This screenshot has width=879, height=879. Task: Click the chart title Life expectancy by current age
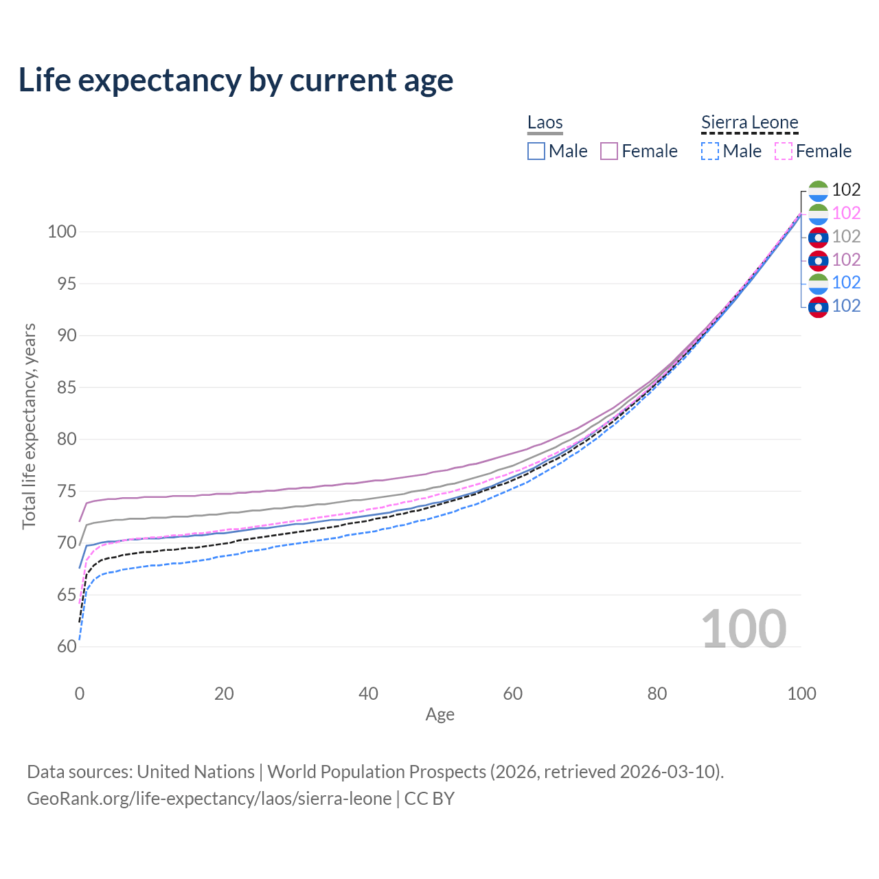click(x=236, y=80)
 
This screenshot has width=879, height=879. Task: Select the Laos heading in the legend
click(x=545, y=123)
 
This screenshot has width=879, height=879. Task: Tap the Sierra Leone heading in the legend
click(x=749, y=123)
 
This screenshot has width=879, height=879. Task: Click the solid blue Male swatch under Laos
click(x=536, y=151)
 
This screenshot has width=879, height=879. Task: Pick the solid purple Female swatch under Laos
click(x=609, y=151)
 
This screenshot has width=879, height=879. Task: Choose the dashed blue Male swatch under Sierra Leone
click(x=710, y=151)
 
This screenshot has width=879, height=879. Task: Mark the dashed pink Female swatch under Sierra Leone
click(x=784, y=151)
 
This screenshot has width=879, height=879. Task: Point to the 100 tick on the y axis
click(x=61, y=231)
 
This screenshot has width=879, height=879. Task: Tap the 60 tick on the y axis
click(x=66, y=646)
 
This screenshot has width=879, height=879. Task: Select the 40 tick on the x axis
click(x=368, y=694)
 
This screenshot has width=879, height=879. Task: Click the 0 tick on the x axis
click(x=80, y=694)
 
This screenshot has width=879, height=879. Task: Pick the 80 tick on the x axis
click(x=657, y=694)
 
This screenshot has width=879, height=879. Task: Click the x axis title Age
click(x=439, y=715)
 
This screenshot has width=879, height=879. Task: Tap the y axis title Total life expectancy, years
click(x=29, y=426)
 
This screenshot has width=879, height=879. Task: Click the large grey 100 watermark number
click(x=743, y=629)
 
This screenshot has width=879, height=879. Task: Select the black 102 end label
click(x=846, y=190)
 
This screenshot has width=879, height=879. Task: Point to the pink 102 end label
click(x=846, y=213)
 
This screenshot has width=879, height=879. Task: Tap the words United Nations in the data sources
click(x=196, y=772)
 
